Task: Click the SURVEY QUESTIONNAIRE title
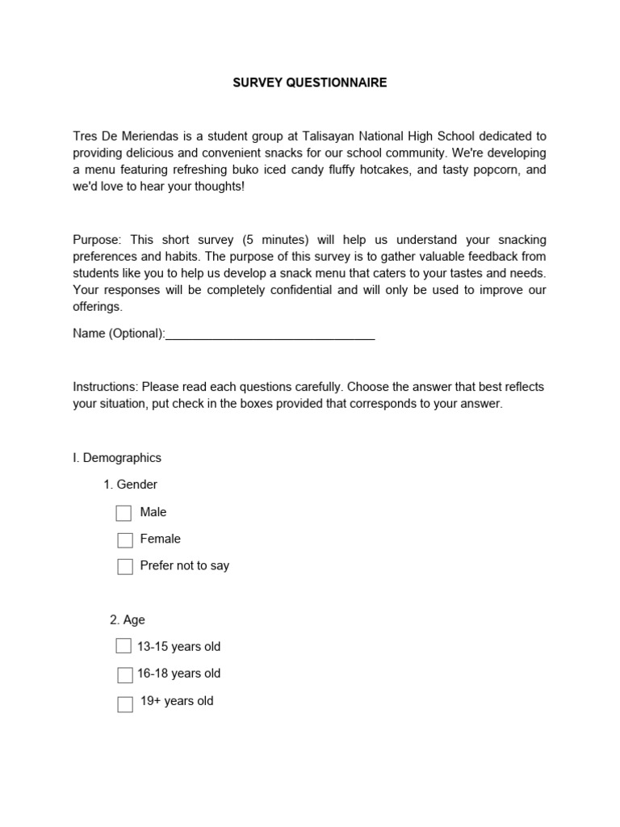click(x=309, y=82)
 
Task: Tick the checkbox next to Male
click(x=124, y=513)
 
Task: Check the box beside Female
click(x=124, y=540)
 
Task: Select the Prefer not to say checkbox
click(x=124, y=567)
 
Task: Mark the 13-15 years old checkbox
click(x=124, y=646)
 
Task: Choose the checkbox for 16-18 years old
click(x=124, y=674)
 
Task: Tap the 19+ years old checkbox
click(x=124, y=703)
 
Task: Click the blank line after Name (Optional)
click(x=270, y=334)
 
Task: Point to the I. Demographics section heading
click(x=117, y=458)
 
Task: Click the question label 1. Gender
click(x=130, y=485)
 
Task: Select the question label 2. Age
click(x=128, y=619)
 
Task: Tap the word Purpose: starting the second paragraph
click(x=97, y=240)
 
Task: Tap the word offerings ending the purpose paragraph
click(x=97, y=307)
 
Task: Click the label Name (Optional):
click(x=119, y=334)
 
